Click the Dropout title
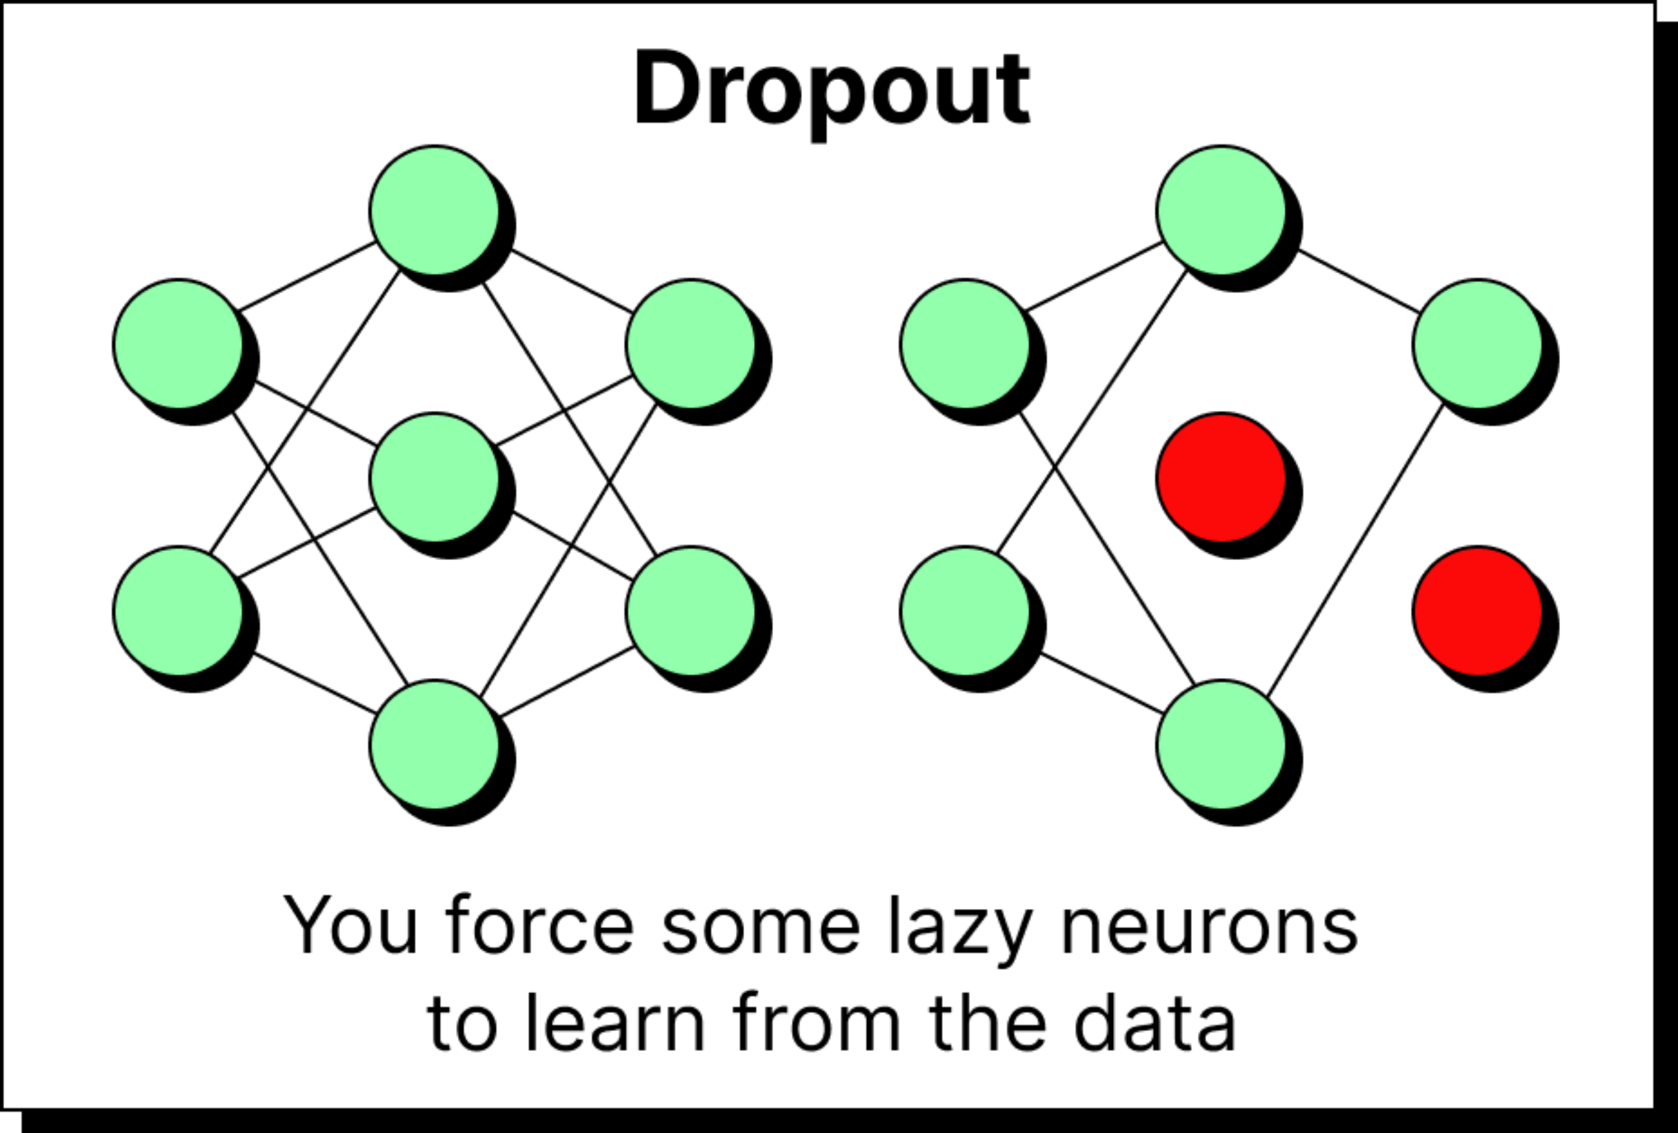tap(832, 90)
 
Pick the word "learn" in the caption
tap(615, 1023)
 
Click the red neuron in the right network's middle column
tap(1221, 477)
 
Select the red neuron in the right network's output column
tap(1477, 611)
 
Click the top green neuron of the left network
tap(434, 210)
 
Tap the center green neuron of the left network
tap(434, 477)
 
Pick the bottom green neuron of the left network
tap(434, 745)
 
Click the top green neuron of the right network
tap(1221, 210)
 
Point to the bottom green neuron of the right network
tap(1221, 745)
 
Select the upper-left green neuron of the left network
tap(178, 343)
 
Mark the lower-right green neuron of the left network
tap(691, 611)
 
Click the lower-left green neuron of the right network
tap(966, 611)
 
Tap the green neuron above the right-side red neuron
tap(1477, 343)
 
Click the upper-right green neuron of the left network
tap(691, 343)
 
